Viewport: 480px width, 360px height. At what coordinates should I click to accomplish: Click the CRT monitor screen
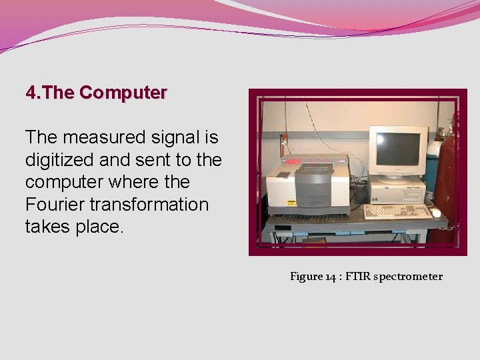[x=398, y=149]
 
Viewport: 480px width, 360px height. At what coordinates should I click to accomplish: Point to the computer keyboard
[x=397, y=212]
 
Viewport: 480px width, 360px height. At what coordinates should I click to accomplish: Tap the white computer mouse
[x=436, y=213]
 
